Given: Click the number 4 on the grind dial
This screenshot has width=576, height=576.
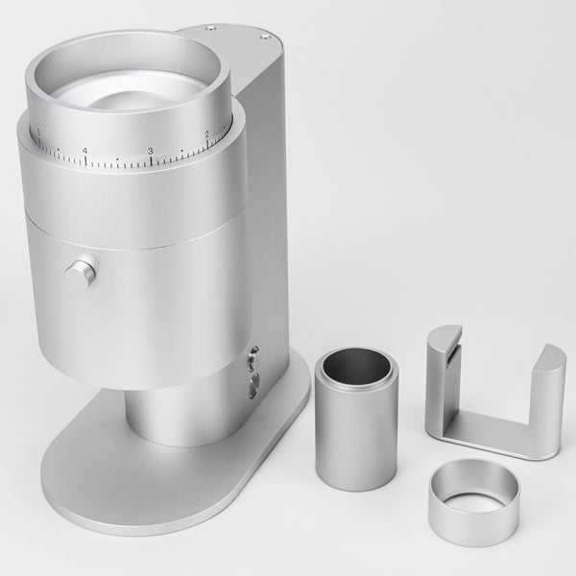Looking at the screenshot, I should pyautogui.click(x=84, y=151).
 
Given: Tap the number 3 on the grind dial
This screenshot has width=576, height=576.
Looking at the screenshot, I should pyautogui.click(x=151, y=152).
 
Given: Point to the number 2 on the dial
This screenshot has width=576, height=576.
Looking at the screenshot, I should pyautogui.click(x=207, y=133).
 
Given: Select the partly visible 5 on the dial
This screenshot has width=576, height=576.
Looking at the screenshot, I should pyautogui.click(x=38, y=132).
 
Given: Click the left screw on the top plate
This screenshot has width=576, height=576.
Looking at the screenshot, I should pyautogui.click(x=207, y=32).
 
